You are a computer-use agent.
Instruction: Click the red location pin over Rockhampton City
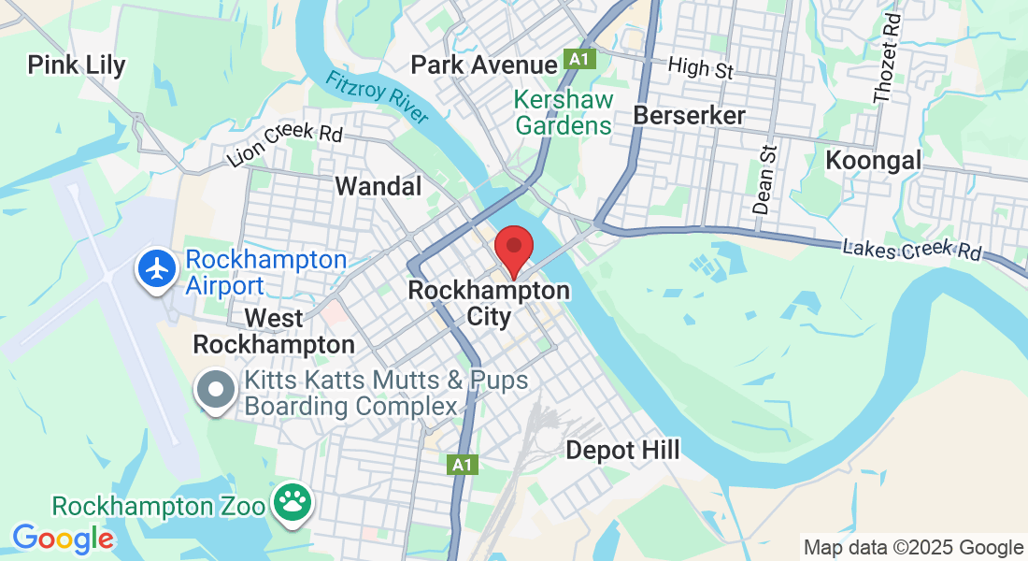tap(513, 248)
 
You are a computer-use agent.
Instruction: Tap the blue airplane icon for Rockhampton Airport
tap(158, 269)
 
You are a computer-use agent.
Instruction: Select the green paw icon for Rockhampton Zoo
tap(292, 503)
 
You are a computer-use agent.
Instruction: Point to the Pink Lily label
tap(77, 65)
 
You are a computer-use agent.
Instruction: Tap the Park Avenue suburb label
tap(484, 65)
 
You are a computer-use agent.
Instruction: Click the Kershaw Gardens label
tap(564, 112)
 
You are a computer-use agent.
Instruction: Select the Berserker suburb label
tap(690, 115)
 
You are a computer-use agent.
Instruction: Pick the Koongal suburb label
tap(874, 160)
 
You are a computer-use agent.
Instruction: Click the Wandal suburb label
tap(378, 186)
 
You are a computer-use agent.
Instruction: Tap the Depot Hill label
tap(623, 450)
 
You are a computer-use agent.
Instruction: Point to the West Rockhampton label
tap(274, 331)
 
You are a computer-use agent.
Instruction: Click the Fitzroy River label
tap(377, 96)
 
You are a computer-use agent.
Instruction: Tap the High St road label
tap(701, 67)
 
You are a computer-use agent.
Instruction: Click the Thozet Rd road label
tap(885, 57)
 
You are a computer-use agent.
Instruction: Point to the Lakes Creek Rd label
tap(912, 250)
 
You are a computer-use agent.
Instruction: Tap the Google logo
tap(63, 539)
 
